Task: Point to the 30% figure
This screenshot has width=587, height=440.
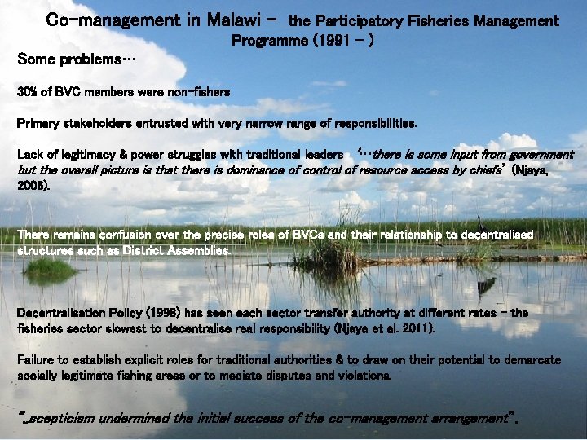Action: pos(28,92)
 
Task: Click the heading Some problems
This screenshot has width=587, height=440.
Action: pos(77,59)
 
